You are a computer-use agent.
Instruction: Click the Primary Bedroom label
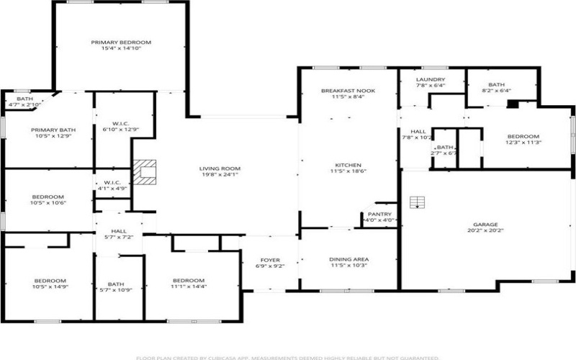tap(120, 42)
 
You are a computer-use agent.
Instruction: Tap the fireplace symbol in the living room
tap(147, 171)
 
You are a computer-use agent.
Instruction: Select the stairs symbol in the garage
tap(416, 202)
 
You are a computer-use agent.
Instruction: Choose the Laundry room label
tap(431, 79)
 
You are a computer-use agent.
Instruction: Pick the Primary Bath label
tap(48, 130)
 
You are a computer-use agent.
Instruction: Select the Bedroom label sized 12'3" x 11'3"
tap(523, 136)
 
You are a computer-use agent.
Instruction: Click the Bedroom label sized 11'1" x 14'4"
tap(188, 280)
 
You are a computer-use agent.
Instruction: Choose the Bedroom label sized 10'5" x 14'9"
tap(50, 280)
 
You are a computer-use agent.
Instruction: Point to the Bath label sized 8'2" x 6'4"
tap(497, 84)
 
